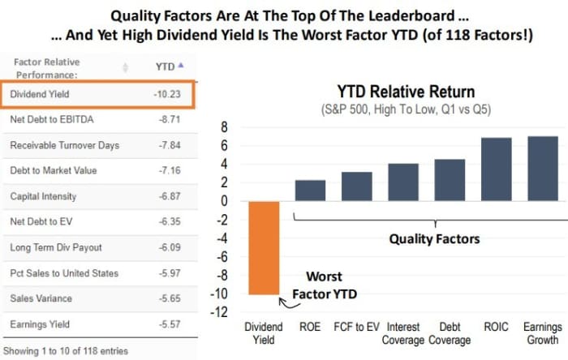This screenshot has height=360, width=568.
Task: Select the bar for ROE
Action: (x=309, y=191)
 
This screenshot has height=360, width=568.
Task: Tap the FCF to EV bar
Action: (x=356, y=186)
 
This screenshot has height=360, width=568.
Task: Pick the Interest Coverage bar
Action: (x=402, y=182)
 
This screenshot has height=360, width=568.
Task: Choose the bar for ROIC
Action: (x=497, y=169)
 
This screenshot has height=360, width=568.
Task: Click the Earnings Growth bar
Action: (x=543, y=169)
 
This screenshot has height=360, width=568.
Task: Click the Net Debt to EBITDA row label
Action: (x=52, y=119)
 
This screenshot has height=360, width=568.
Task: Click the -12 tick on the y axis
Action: (x=221, y=313)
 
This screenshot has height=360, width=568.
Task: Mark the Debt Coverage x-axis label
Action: (x=450, y=332)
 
